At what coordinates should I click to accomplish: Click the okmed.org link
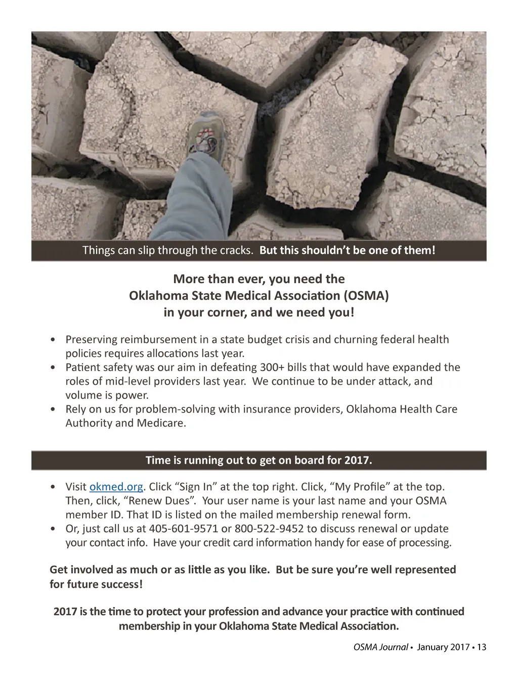point(116,487)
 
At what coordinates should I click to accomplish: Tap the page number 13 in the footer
point(481,647)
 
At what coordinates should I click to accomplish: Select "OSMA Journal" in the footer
point(380,647)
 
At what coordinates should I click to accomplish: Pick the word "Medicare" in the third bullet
point(161,423)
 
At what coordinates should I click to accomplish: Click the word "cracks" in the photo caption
point(236,250)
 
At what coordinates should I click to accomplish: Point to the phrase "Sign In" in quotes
point(196,487)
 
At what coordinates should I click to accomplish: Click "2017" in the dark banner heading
point(357,460)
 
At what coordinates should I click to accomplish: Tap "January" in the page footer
point(434,647)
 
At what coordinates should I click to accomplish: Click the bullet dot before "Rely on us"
point(54,409)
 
